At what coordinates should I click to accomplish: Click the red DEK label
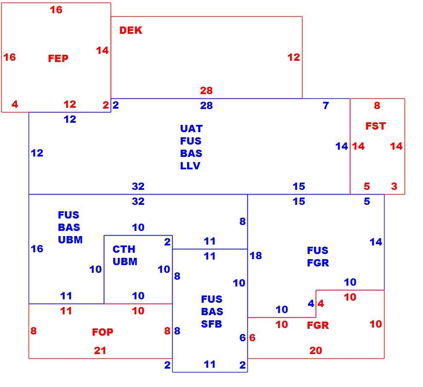pyautogui.click(x=131, y=30)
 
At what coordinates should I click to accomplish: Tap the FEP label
pyautogui.click(x=58, y=58)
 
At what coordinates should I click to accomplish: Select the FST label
pyautogui.click(x=376, y=126)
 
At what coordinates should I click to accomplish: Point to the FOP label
pyautogui.click(x=103, y=332)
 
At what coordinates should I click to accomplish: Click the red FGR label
pyautogui.click(x=318, y=325)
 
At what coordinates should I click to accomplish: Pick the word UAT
pyautogui.click(x=191, y=129)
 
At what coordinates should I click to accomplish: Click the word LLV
pyautogui.click(x=190, y=165)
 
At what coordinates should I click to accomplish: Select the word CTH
pyautogui.click(x=124, y=249)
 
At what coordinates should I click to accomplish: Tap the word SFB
pyautogui.click(x=211, y=324)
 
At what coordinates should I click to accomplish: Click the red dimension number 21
pyautogui.click(x=100, y=351)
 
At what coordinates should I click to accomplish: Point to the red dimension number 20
pyautogui.click(x=316, y=351)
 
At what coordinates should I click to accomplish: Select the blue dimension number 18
pyautogui.click(x=256, y=255)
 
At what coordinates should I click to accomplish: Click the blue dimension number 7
pyautogui.click(x=326, y=105)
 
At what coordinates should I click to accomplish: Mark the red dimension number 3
pyautogui.click(x=394, y=186)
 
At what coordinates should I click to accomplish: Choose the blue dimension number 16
pyautogui.click(x=37, y=249)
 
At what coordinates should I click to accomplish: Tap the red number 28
pyautogui.click(x=206, y=91)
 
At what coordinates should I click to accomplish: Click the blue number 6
pyautogui.click(x=243, y=337)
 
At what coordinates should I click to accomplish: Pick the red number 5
pyautogui.click(x=367, y=186)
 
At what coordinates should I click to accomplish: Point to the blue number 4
pyautogui.click(x=311, y=304)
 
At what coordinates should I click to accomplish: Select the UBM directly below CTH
pyautogui.click(x=125, y=261)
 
